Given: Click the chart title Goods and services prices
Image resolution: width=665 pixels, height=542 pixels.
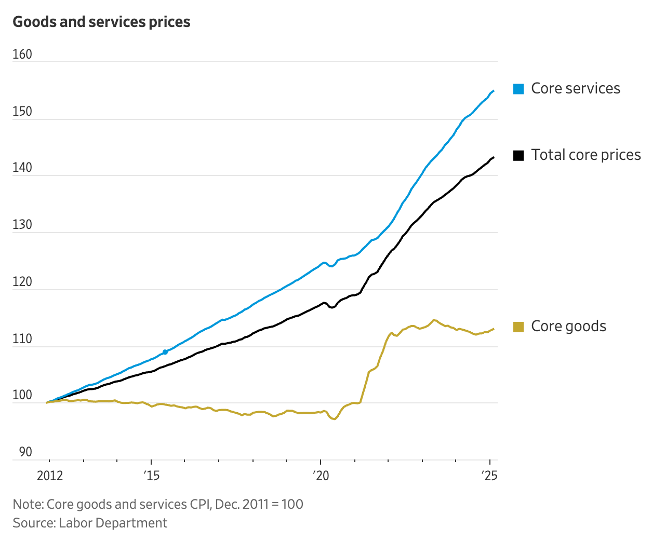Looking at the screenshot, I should click(101, 22).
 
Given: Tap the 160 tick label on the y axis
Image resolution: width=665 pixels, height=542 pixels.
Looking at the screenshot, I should click(22, 55).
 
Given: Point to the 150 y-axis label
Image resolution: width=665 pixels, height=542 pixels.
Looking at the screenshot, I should click(22, 112).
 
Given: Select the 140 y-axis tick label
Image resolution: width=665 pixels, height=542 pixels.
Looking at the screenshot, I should click(22, 168).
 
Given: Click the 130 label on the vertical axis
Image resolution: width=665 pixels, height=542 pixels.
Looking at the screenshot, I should click(22, 225).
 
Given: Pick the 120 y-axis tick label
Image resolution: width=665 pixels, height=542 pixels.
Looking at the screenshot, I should click(22, 282).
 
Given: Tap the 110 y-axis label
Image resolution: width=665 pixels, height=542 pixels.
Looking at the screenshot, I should click(22, 339).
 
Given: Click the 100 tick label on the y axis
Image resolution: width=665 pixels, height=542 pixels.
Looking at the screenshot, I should click(22, 395).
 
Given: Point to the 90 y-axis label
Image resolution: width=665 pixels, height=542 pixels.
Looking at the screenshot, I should click(25, 452).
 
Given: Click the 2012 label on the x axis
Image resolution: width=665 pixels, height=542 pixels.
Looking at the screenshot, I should click(50, 476).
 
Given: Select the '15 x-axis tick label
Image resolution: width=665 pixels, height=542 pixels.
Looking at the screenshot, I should click(151, 476).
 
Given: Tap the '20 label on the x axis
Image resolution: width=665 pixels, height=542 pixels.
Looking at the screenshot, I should click(321, 476).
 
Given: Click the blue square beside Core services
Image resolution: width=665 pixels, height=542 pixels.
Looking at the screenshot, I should click(518, 89).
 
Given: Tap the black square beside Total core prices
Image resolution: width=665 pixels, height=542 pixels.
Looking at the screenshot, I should click(518, 155).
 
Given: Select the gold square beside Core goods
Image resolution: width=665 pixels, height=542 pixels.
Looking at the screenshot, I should click(518, 327).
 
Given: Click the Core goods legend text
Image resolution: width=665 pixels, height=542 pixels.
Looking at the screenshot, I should click(568, 327).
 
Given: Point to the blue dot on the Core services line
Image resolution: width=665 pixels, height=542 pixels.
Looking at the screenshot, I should click(165, 352).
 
